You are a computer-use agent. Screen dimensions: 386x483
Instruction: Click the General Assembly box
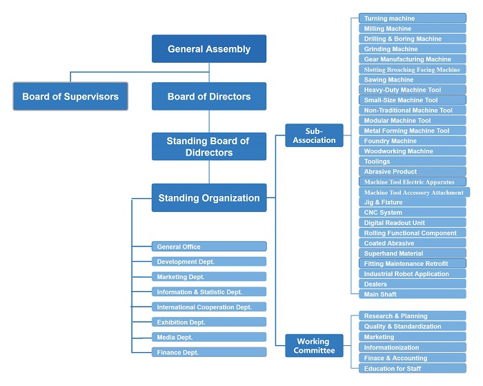(x=209, y=49)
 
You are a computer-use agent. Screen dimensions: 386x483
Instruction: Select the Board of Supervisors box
(x=70, y=97)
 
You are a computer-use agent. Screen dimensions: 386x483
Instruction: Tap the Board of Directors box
(x=209, y=97)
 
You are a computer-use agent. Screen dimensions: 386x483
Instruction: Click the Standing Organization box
(x=209, y=198)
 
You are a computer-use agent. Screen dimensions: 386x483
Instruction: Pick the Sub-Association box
(x=314, y=135)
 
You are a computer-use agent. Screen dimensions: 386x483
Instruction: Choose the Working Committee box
(x=314, y=345)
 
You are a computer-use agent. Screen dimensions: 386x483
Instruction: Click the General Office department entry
(x=209, y=247)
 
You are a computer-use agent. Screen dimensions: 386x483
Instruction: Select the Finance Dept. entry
(x=209, y=352)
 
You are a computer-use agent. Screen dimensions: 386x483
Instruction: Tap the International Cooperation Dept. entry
(x=209, y=307)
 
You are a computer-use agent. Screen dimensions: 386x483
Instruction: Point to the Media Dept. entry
(x=209, y=337)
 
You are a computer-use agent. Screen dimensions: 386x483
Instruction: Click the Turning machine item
(x=412, y=19)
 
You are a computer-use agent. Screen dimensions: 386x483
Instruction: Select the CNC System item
(x=412, y=213)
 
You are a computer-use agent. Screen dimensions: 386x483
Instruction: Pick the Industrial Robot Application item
(x=412, y=274)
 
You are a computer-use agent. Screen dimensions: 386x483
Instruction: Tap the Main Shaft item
(x=412, y=294)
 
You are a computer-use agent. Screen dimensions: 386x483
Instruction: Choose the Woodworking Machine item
(x=412, y=151)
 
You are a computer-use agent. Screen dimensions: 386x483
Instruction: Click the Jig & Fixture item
(x=412, y=202)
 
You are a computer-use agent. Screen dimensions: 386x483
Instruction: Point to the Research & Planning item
(x=412, y=316)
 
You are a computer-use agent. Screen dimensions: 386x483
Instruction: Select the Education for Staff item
(x=412, y=369)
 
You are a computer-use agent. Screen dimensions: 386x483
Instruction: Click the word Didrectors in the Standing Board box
(x=209, y=152)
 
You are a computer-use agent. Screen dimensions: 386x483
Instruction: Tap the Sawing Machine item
(x=412, y=80)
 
